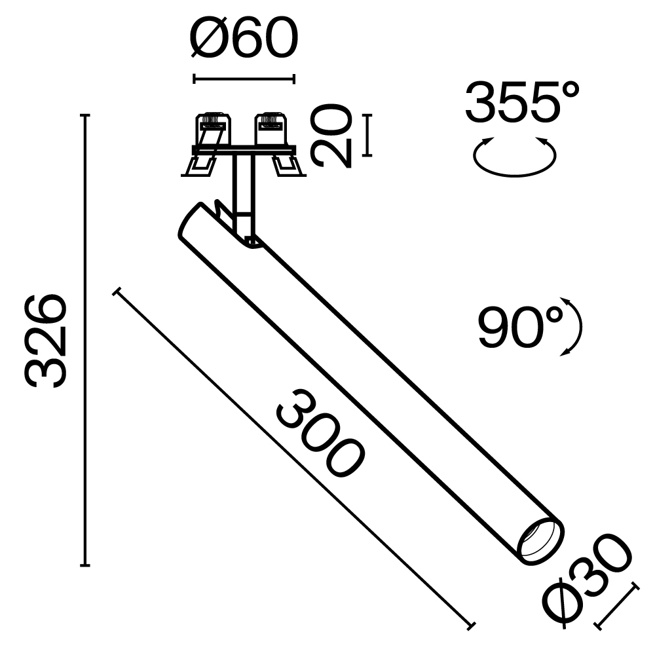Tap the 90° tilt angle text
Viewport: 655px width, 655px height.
tap(521, 327)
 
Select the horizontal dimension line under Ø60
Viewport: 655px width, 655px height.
tap(244, 79)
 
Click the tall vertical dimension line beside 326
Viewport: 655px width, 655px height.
tap(84, 341)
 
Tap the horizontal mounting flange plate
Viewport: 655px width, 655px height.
tap(244, 150)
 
